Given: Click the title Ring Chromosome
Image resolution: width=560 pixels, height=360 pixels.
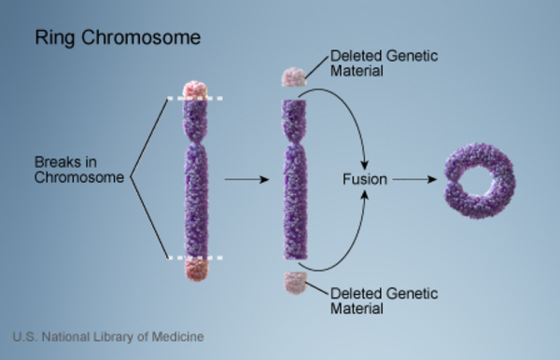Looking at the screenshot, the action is coord(118,37).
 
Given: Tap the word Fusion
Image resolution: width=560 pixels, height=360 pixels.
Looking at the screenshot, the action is coord(365,179).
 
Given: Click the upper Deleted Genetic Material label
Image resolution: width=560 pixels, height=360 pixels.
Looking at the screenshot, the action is coord(384,63).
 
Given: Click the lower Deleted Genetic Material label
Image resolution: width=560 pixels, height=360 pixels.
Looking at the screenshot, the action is coord(384,300).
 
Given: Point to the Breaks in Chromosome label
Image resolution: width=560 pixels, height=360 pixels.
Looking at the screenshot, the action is coord(79,170).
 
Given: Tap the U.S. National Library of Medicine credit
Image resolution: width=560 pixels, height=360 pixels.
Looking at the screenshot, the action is coord(108,337).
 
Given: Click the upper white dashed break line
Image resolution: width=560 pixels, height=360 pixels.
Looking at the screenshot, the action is coord(195,98).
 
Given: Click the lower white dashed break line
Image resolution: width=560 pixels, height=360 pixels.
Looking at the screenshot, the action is coord(195,257).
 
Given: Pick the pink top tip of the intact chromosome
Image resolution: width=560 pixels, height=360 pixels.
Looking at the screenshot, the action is coord(195,90).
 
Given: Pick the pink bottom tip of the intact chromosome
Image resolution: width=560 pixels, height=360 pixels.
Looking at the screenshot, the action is coord(196,270).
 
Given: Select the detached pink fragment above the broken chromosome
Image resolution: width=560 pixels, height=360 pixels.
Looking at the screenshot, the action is coord(294,77).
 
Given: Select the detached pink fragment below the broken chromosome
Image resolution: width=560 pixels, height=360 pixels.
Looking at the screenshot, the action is coord(296,283).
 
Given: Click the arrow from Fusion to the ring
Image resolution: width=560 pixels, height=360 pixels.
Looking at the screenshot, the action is coord(414,179).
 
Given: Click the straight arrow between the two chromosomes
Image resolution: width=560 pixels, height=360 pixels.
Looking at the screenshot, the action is coord(246,179).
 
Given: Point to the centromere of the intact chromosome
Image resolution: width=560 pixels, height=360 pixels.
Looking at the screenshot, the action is coord(195,143).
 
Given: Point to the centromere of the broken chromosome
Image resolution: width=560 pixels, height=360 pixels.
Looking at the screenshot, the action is coord(295,143).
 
